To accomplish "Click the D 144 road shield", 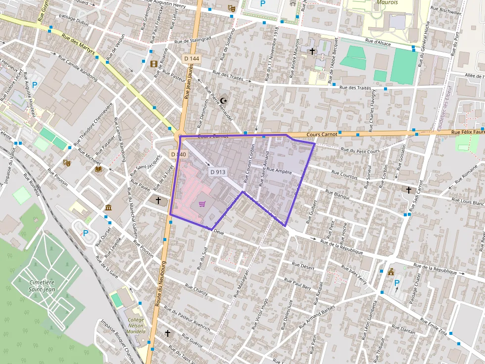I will pos(192,59).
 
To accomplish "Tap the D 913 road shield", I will pos(217,172).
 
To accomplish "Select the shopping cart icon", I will pos(202,204).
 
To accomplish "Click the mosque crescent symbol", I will pos(225,100).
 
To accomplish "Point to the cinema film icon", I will pos(154,64).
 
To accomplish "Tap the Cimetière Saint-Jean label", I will pos(42,285).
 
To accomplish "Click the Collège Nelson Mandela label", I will pos(136,325).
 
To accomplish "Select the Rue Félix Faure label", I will pos(467,132).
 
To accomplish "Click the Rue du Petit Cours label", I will pos(361,150).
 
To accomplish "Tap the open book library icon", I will pos(98,169).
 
